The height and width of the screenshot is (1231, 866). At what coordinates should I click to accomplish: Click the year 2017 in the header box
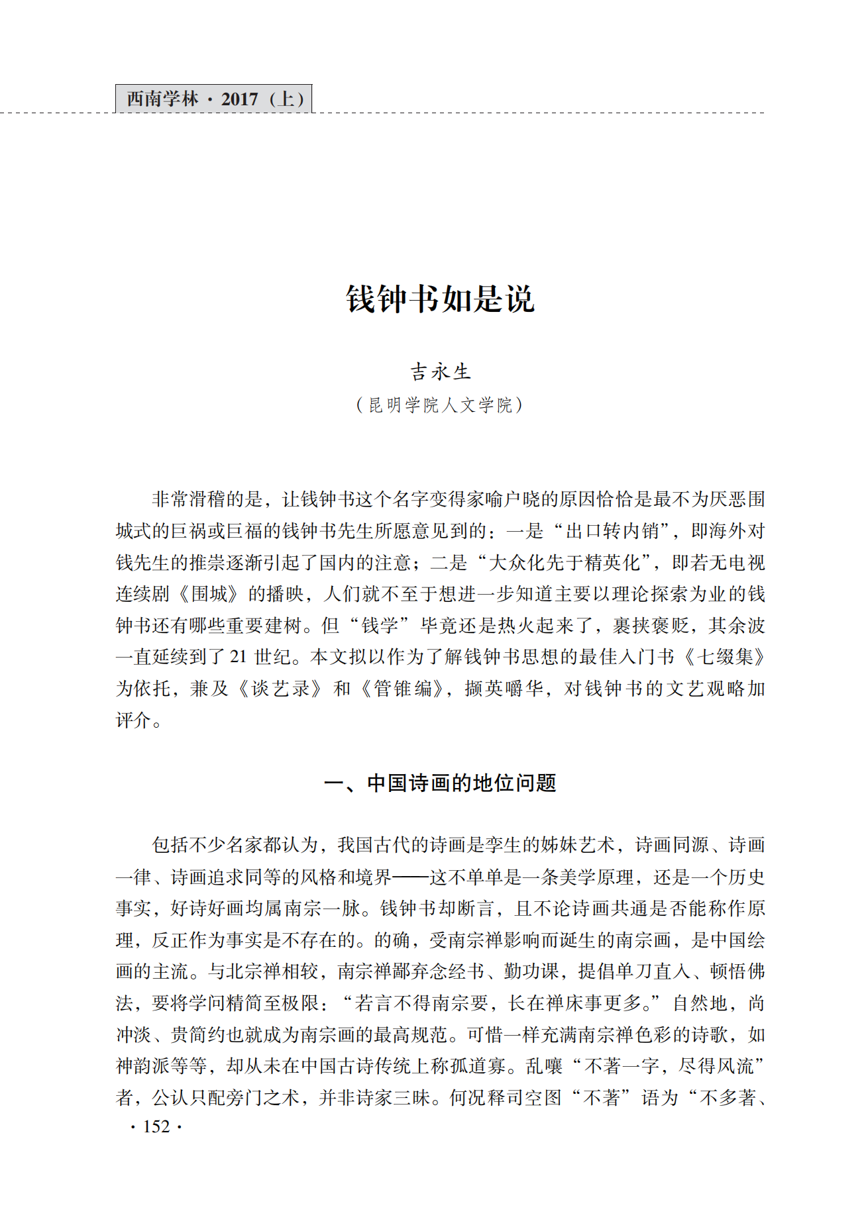239,99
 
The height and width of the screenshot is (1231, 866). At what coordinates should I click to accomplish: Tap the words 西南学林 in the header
162,99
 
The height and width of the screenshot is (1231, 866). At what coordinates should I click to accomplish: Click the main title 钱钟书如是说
440,299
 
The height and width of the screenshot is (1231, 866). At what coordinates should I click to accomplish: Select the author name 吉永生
440,371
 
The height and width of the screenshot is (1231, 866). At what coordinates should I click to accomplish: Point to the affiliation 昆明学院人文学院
440,405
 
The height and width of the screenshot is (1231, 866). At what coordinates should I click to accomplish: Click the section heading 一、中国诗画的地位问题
440,783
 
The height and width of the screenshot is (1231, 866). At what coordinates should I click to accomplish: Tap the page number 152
156,1126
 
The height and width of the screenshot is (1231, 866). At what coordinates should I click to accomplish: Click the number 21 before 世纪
238,657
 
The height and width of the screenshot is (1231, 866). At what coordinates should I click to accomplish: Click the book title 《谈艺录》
281,689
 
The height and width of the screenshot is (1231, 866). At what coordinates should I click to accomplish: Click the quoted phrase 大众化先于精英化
565,563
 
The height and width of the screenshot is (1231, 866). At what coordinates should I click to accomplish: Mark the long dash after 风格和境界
410,877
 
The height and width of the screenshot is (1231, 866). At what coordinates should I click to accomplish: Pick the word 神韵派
143,1066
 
